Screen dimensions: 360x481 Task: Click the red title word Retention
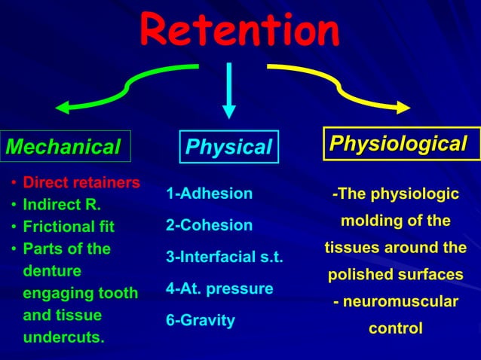240,31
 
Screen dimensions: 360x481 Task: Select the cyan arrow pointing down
229,90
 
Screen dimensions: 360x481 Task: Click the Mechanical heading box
66,146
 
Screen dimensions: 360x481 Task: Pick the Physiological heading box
401,143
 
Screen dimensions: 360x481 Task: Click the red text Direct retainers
81,182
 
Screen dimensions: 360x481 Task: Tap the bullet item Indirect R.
62,204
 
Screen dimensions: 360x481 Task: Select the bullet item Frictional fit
68,226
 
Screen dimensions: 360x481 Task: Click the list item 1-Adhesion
209,194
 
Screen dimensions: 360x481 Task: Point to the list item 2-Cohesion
209,225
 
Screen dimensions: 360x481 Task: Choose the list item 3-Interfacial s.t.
224,258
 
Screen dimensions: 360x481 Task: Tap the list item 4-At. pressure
219,288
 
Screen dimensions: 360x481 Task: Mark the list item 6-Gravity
200,320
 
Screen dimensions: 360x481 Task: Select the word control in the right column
395,328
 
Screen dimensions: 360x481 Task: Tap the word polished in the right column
357,275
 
